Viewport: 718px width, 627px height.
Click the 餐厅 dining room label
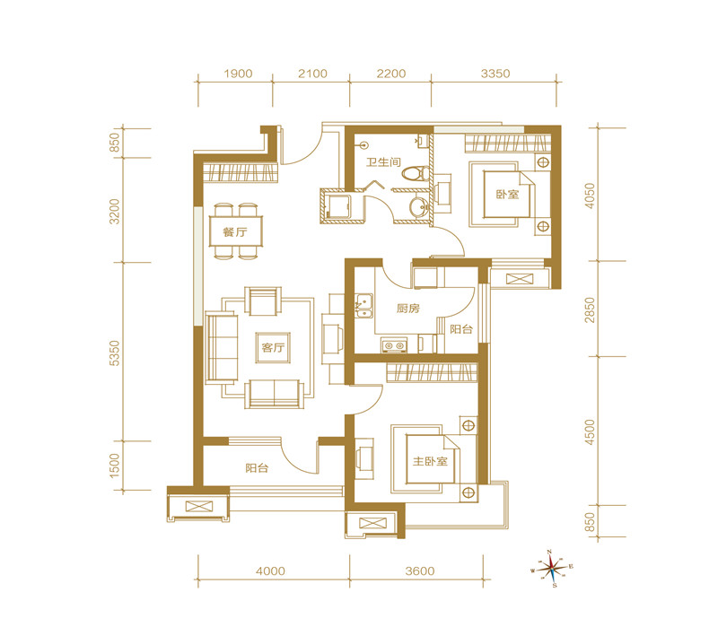235,232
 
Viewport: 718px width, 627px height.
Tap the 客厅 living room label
274,347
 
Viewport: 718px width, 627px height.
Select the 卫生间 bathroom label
383,162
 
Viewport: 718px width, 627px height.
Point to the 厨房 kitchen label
408,308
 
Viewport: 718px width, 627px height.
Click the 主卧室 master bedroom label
430,461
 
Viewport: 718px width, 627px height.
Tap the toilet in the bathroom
416,173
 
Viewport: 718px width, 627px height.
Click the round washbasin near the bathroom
418,207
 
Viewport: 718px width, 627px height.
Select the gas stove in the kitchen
394,345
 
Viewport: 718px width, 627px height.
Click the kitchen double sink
364,306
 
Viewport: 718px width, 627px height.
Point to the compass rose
552,569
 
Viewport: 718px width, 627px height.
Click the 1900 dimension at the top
238,74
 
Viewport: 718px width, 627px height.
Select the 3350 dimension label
495,74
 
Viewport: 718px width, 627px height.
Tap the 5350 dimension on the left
115,353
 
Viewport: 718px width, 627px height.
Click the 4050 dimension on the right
590,196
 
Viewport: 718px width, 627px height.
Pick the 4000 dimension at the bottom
270,570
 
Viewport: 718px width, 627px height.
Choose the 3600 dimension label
420,570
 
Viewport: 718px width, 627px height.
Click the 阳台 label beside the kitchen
461,329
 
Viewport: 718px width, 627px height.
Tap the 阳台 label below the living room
257,467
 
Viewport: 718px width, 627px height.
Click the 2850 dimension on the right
590,309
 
